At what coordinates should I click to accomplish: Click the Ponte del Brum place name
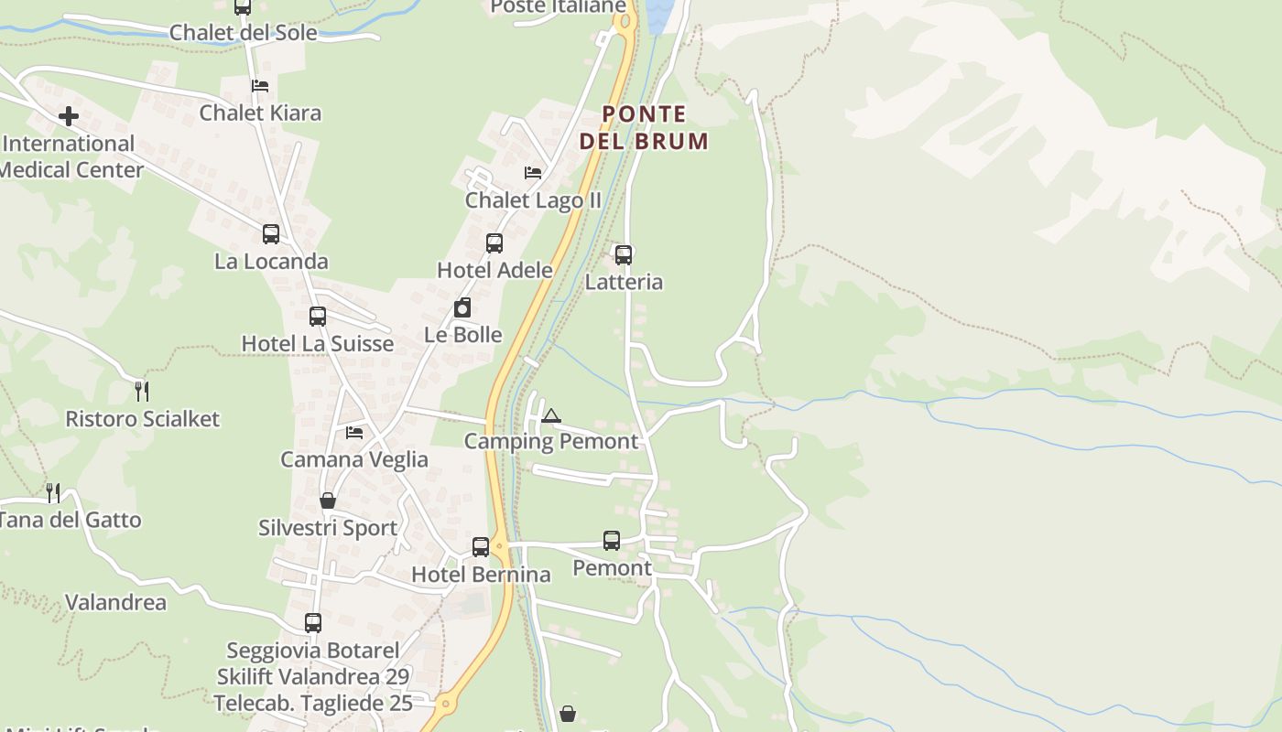pos(644,127)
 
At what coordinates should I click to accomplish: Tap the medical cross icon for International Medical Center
pos(69,116)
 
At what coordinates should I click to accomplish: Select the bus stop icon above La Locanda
pos(271,233)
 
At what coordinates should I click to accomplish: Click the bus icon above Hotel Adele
pos(494,242)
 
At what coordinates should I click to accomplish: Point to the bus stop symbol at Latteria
pos(624,254)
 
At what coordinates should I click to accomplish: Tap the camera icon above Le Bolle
pos(462,307)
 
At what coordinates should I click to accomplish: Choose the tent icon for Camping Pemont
pos(550,416)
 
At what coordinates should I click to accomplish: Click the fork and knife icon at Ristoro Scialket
pos(142,391)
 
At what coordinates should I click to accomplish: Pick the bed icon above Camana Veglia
pos(354,432)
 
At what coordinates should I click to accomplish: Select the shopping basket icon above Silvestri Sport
pos(328,501)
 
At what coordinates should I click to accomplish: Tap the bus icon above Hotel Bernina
pos(481,547)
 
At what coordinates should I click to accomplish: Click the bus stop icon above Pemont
pos(612,541)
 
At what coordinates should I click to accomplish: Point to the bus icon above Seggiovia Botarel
pos(313,623)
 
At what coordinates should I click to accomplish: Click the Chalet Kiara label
pos(260,113)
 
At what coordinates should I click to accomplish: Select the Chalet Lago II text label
pos(533,199)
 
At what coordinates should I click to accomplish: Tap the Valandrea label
pos(115,602)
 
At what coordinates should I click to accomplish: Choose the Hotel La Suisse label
pos(317,343)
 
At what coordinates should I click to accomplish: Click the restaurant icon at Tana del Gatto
pos(53,492)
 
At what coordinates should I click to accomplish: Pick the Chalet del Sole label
pos(243,32)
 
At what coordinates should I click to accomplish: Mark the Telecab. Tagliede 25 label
pos(313,703)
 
